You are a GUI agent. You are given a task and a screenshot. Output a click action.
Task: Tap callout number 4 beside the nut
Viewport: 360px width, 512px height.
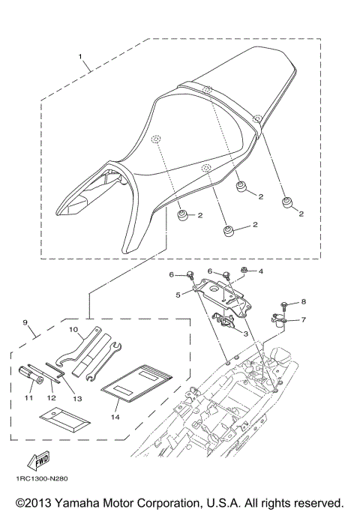coord(261,272)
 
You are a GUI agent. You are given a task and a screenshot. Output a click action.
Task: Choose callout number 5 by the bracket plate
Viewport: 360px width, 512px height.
coord(178,295)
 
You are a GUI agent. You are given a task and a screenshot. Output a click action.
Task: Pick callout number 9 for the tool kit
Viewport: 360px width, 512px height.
coord(26,324)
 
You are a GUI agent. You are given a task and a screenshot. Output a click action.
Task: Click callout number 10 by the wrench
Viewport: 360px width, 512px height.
coord(73,329)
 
